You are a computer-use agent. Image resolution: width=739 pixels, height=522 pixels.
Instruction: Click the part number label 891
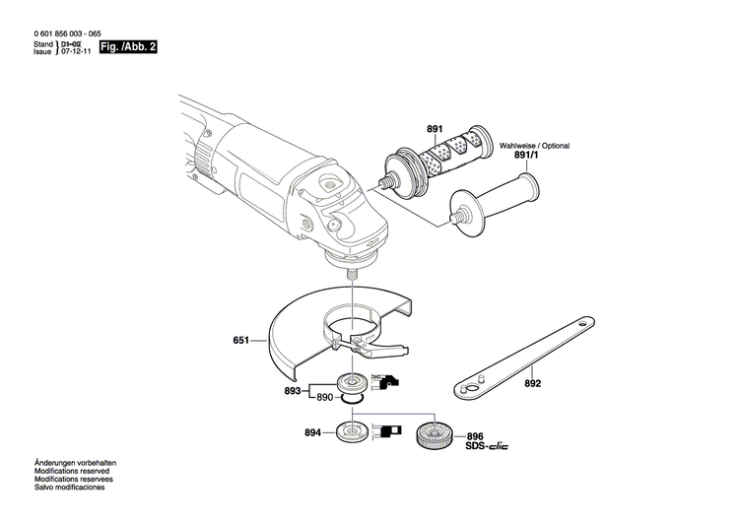click(435, 129)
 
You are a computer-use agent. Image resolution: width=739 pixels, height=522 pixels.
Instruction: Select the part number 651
click(240, 342)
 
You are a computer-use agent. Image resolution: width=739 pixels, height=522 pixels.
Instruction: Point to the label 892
click(533, 385)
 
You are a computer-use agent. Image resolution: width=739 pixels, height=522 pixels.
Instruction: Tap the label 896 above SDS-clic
click(475, 435)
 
